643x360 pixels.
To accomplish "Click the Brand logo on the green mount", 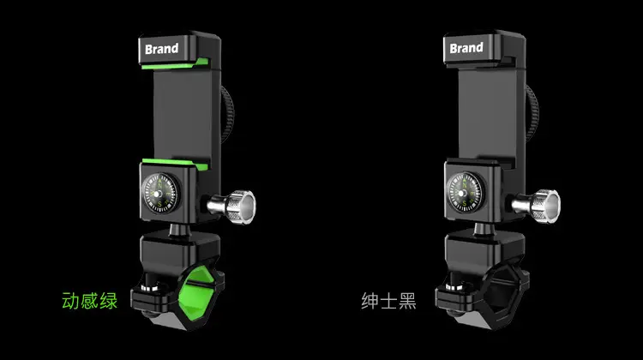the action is point(161,49).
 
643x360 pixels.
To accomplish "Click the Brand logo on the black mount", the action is point(466,48).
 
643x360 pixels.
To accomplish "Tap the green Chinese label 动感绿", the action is point(89,301).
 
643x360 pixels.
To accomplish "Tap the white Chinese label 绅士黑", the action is point(388,301).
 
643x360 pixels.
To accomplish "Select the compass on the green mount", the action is point(161,193).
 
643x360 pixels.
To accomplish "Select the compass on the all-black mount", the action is point(466,192).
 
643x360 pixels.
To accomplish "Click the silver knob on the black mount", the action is point(537,206).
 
